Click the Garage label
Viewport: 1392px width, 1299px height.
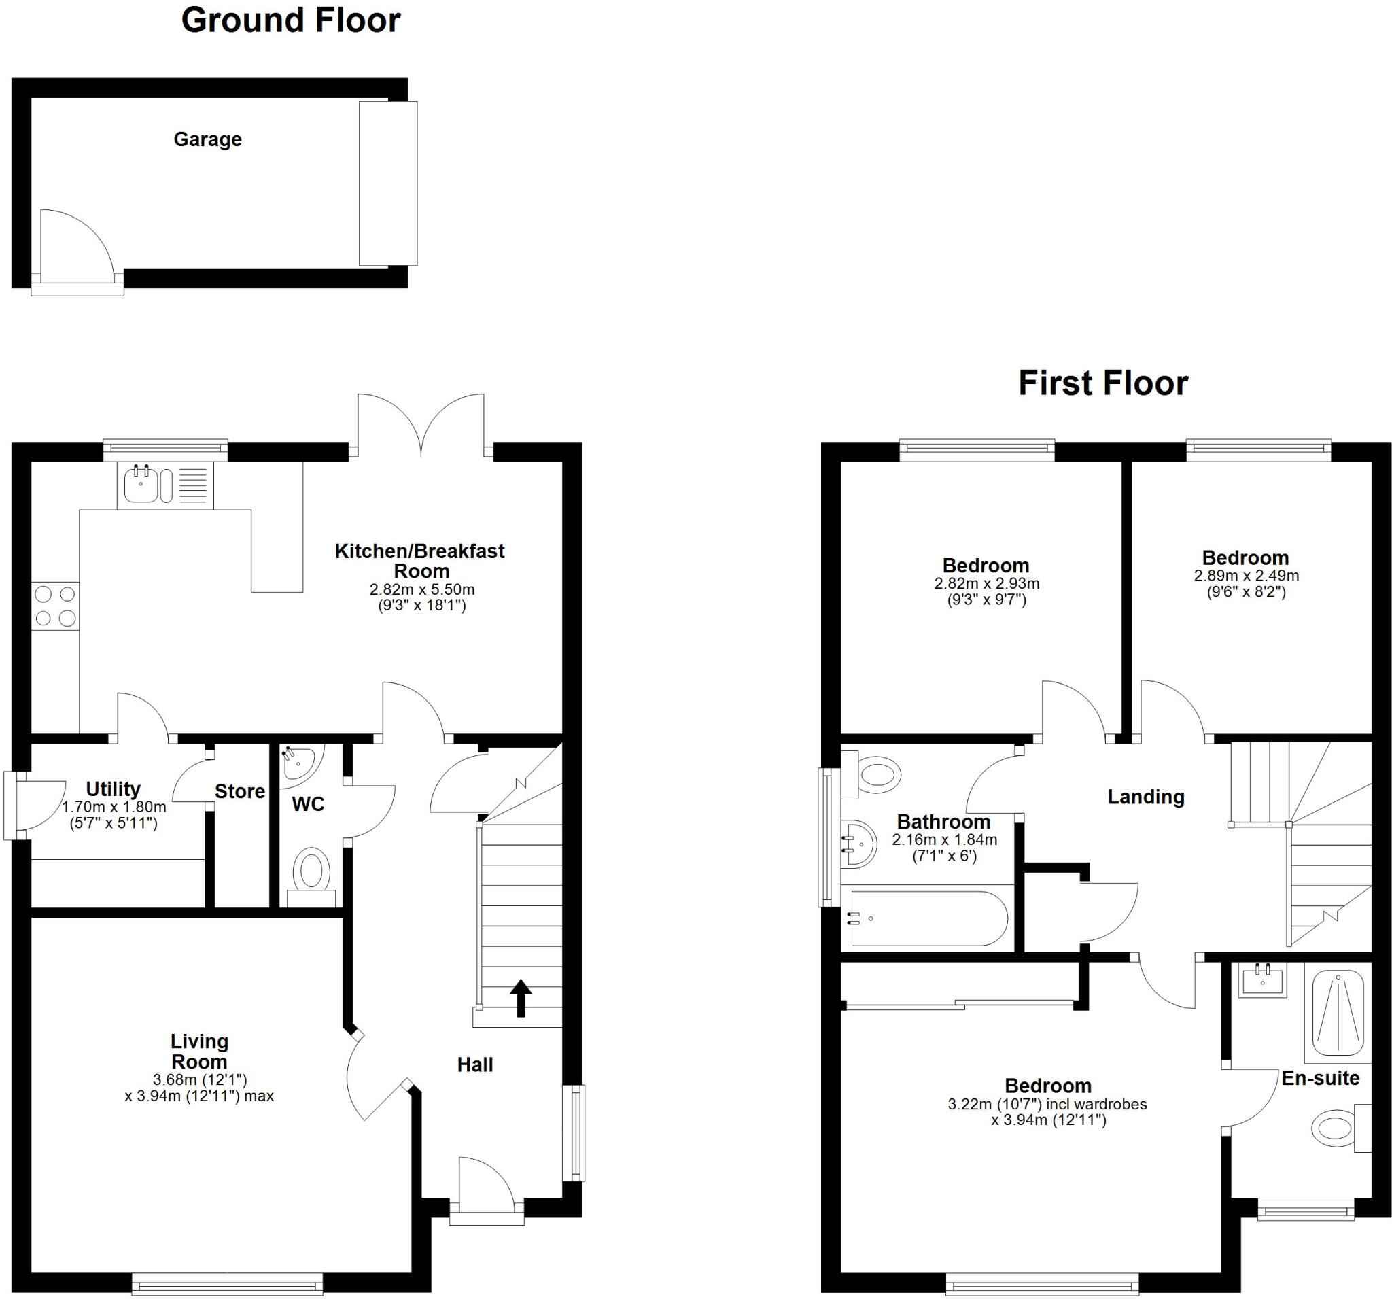coord(207,139)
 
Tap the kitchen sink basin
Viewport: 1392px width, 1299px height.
coord(140,485)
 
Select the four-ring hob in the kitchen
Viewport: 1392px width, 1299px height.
coord(55,606)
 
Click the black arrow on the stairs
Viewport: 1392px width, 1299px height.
coord(520,997)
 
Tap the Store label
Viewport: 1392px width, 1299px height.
coord(239,791)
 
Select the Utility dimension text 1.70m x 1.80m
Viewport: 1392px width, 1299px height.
coord(114,807)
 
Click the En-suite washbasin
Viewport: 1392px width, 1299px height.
coord(1261,980)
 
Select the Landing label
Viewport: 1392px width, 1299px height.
coord(1145,797)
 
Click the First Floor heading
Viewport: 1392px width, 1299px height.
coord(1103,383)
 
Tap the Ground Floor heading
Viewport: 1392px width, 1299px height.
coord(291,20)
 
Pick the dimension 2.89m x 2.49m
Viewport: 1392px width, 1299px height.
coord(1247,576)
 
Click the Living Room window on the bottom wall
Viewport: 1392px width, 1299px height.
coord(227,1284)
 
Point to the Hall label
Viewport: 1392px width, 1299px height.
coord(474,1065)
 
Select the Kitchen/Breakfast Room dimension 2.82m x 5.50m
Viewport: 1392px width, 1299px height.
coord(421,589)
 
